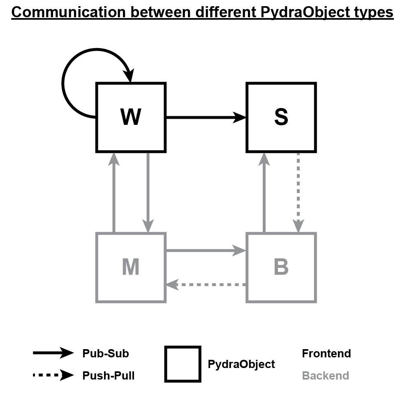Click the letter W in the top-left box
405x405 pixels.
(x=131, y=117)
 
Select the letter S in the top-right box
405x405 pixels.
(x=281, y=117)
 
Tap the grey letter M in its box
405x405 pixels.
(x=131, y=267)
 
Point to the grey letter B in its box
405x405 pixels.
(x=281, y=267)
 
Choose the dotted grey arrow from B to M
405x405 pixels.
(x=206, y=284)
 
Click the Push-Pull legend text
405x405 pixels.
(x=108, y=375)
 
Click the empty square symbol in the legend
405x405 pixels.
(x=183, y=364)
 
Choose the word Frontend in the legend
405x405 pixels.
(x=326, y=354)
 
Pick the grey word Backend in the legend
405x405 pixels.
(x=325, y=375)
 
